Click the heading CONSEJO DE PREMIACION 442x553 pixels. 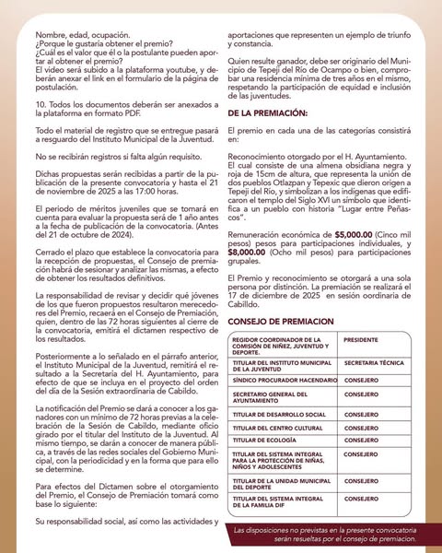(x=284, y=322)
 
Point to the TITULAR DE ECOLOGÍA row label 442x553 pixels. (x=271, y=440)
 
